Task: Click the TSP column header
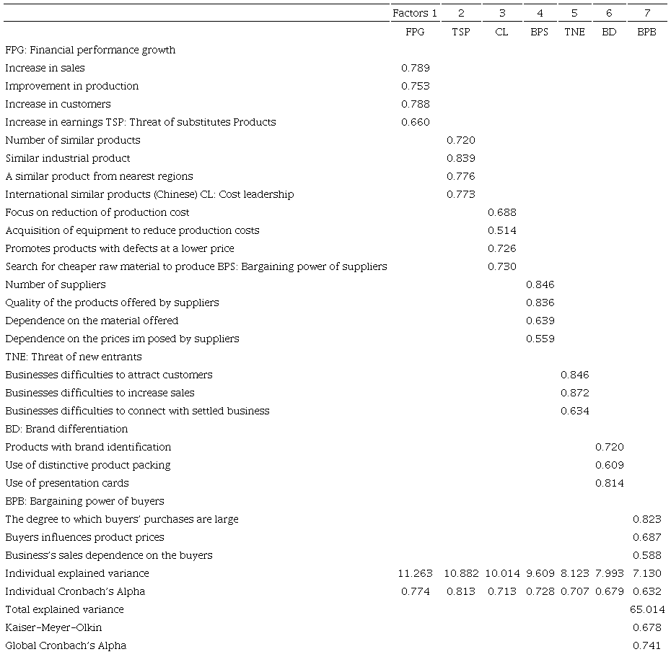(x=460, y=32)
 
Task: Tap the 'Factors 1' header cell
(x=415, y=13)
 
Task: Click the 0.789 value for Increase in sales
(x=415, y=68)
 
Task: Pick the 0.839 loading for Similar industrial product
(x=461, y=158)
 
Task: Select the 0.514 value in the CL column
(x=501, y=230)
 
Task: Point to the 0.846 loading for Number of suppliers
(x=540, y=284)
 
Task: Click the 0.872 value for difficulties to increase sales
(x=574, y=393)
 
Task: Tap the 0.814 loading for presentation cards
(x=610, y=483)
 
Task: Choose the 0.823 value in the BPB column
(x=647, y=519)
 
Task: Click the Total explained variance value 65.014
(x=646, y=609)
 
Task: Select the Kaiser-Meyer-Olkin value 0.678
(x=647, y=627)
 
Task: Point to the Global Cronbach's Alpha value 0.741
(x=647, y=645)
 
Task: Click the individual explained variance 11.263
(x=415, y=573)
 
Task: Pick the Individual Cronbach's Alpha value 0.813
(x=461, y=591)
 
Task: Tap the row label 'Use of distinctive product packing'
(x=88, y=465)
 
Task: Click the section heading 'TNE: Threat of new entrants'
(x=74, y=357)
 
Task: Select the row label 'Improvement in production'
(x=72, y=86)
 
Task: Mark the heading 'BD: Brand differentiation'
(x=66, y=429)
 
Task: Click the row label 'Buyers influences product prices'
(x=84, y=537)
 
